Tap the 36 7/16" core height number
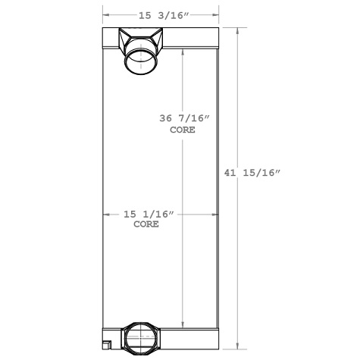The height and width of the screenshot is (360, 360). pyautogui.click(x=183, y=119)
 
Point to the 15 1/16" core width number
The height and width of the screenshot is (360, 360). pyautogui.click(x=149, y=215)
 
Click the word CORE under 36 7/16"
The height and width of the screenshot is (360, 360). pyautogui.click(x=183, y=130)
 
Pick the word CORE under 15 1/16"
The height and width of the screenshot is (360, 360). pyautogui.click(x=146, y=225)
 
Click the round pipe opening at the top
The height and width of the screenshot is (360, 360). pyautogui.click(x=140, y=61)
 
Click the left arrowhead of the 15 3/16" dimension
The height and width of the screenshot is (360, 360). pyautogui.click(x=106, y=14)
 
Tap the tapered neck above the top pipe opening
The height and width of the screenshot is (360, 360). pyautogui.click(x=140, y=38)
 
